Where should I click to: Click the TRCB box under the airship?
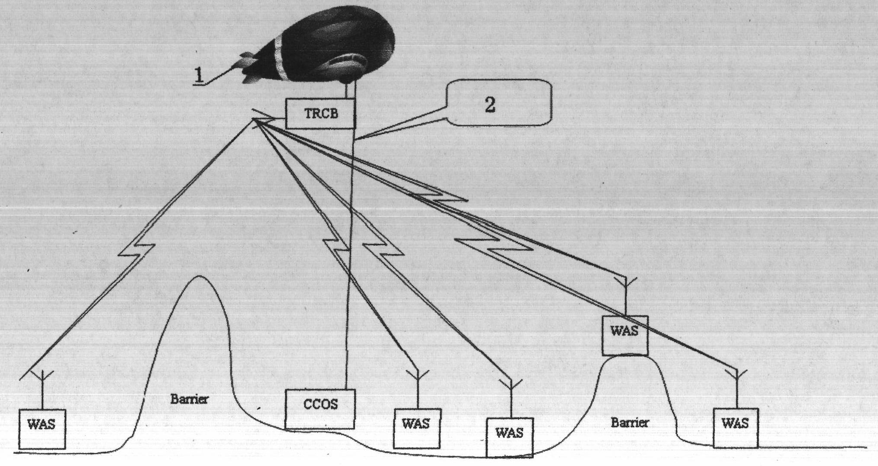pos(320,113)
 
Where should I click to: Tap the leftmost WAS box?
pos(42,429)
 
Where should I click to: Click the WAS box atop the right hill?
pos(625,335)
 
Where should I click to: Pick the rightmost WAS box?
pos(735,428)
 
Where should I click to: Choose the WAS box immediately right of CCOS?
pos(416,428)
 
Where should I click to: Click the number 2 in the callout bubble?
pos(490,105)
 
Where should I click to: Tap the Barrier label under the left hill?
pos(189,399)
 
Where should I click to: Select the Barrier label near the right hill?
pos(629,422)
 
